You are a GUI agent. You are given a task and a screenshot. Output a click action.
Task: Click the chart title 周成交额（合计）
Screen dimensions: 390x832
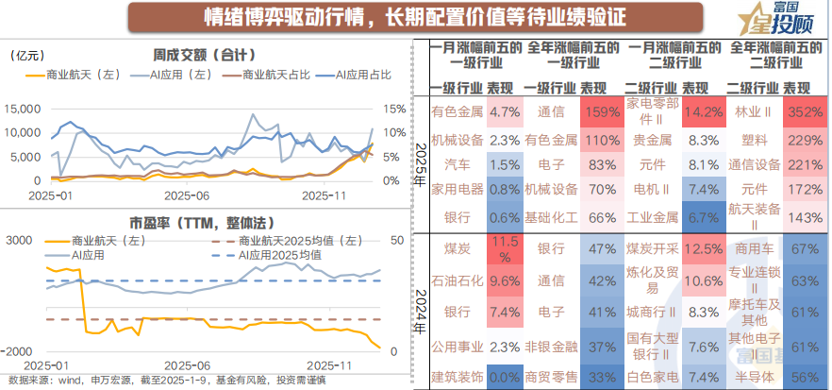coord(205,55)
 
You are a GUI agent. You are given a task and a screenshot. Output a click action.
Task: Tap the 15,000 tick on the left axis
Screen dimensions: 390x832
coord(24,110)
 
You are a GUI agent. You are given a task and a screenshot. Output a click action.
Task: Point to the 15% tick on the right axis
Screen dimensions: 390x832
coord(395,110)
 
